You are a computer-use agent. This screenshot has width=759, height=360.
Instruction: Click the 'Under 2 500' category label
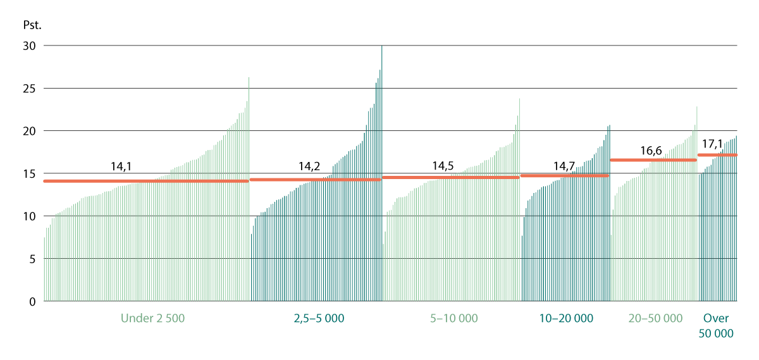pos(152,318)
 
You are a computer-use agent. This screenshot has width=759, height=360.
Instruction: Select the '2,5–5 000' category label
pos(319,318)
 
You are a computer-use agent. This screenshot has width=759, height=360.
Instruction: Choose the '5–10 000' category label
pos(454,318)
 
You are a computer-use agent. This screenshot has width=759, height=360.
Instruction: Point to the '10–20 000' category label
pos(566,318)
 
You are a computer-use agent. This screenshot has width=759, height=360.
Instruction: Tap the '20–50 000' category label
pos(655,318)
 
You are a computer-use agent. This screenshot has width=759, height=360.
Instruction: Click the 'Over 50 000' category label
pos(716,326)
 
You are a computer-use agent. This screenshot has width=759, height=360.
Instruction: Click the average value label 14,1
pos(121,168)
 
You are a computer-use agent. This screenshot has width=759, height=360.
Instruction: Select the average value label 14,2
pos(309,167)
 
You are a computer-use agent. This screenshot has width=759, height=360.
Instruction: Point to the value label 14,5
pos(443,166)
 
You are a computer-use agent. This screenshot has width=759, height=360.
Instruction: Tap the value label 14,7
pos(564,166)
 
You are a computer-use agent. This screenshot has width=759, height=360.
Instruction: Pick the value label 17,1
pos(713,145)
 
